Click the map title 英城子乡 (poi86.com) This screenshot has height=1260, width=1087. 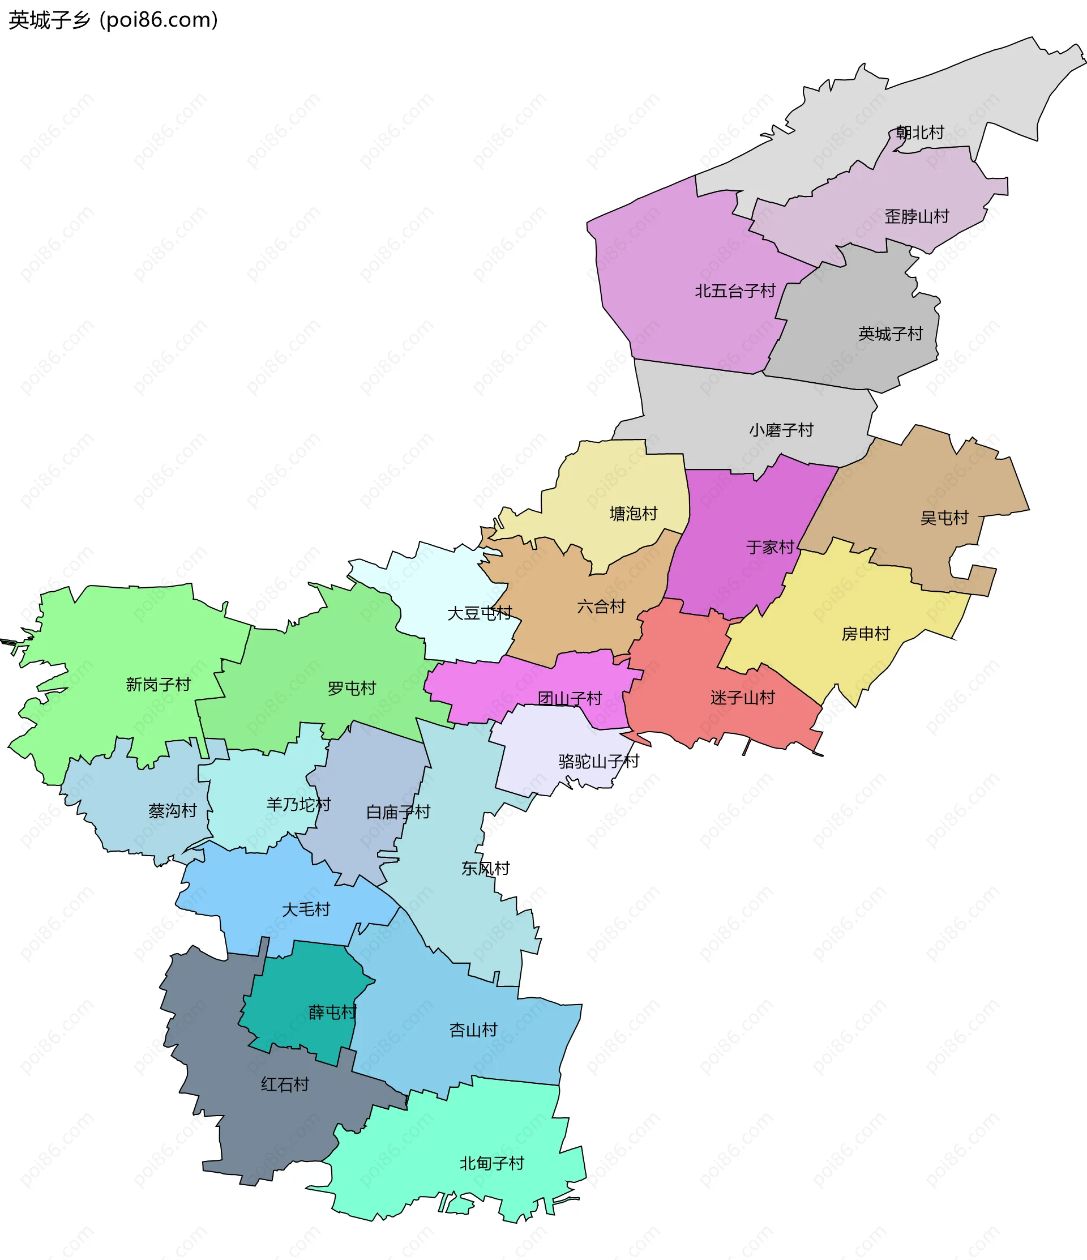click(x=113, y=20)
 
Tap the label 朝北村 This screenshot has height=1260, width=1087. click(x=920, y=133)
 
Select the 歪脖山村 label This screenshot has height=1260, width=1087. click(x=917, y=216)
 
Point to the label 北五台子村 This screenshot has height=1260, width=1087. click(x=735, y=291)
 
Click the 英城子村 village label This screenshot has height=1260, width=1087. click(x=890, y=334)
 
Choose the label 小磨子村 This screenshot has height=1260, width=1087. click(x=781, y=430)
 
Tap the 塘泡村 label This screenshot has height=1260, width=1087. click(x=634, y=514)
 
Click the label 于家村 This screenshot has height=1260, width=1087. click(x=771, y=547)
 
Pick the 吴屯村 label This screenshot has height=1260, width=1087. click(x=944, y=518)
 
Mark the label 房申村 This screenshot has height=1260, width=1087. click(x=866, y=634)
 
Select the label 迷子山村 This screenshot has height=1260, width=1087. click(x=743, y=698)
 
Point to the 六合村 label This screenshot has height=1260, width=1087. click(x=601, y=606)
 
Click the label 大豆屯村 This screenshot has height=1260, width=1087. click(x=480, y=613)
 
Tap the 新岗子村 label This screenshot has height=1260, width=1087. click(x=158, y=685)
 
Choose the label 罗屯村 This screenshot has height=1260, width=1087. click(x=352, y=689)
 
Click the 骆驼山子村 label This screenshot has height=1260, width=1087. click(x=599, y=761)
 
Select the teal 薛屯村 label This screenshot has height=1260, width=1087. click(x=332, y=1013)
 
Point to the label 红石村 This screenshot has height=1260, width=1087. click(x=285, y=1084)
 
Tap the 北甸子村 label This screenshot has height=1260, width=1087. click(x=492, y=1163)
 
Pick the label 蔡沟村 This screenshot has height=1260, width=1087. click(x=173, y=810)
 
